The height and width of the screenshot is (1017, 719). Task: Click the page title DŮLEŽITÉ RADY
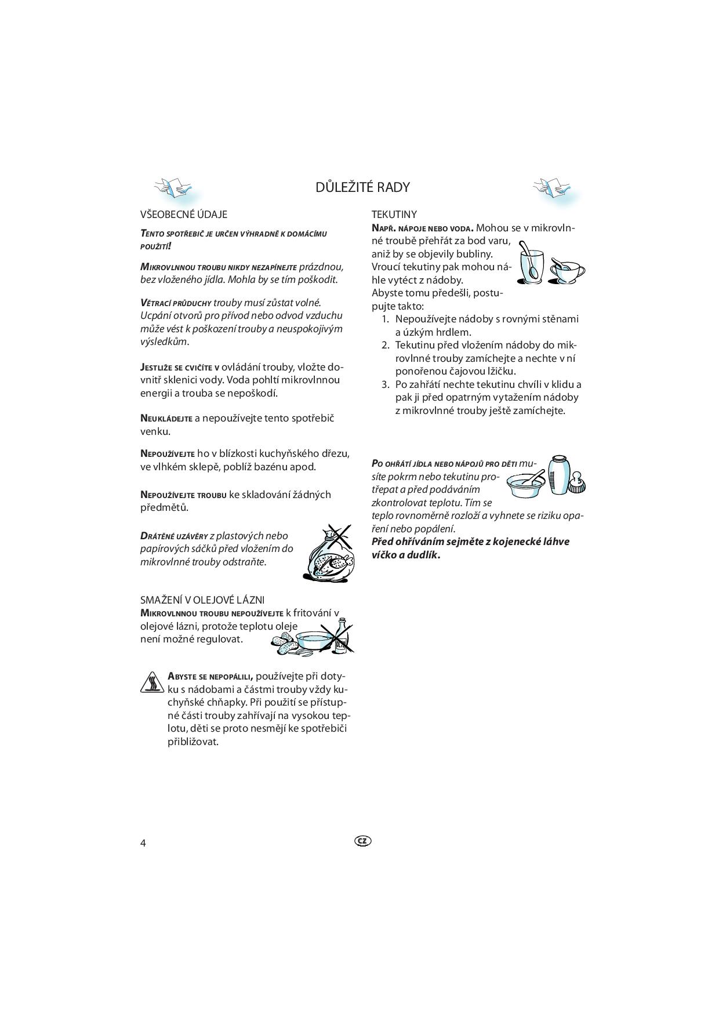362,187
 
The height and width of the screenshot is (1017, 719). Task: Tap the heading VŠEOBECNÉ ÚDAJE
184,215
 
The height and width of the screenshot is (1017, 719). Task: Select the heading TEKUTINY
394,215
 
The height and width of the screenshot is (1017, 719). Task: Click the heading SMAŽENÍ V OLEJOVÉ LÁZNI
202,600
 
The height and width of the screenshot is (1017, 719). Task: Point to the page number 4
143,842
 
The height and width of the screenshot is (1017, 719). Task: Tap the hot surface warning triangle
152,682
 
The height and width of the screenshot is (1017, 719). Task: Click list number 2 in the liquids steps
385,346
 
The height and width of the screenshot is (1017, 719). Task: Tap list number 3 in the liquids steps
385,384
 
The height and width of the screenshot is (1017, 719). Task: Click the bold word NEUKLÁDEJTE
166,419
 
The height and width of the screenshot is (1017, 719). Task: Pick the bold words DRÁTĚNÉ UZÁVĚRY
174,536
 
